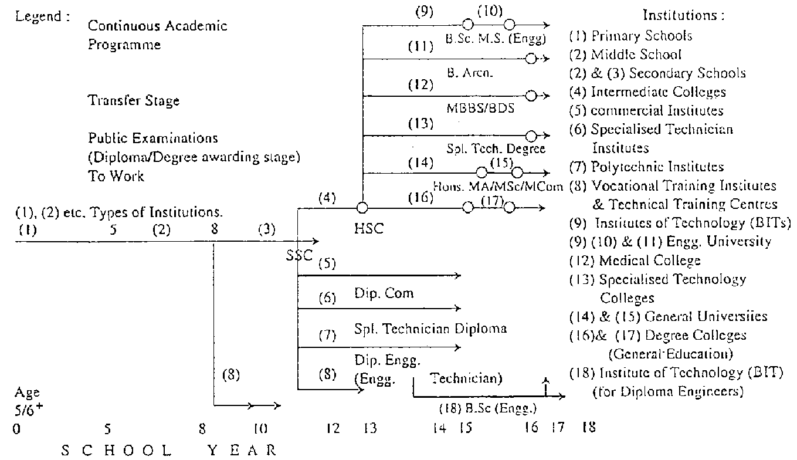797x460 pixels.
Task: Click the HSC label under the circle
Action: click(368, 229)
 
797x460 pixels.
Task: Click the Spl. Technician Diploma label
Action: click(430, 329)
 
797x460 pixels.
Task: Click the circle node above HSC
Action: click(362, 208)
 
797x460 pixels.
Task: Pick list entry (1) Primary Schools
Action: click(630, 36)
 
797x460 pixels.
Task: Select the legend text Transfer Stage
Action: click(134, 101)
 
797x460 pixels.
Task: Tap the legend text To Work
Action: click(116, 177)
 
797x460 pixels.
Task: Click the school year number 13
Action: click(369, 429)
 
